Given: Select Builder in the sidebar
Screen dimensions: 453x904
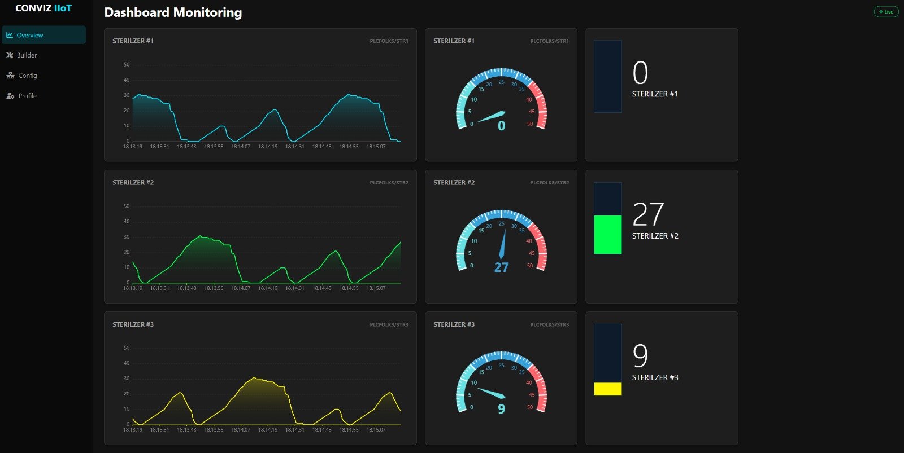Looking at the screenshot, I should pyautogui.click(x=27, y=55).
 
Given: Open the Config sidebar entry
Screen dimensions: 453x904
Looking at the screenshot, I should pyautogui.click(x=27, y=76).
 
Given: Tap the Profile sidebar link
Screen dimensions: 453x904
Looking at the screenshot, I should pyautogui.click(x=27, y=96).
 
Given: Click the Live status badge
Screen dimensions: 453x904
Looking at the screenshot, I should pyautogui.click(x=886, y=12).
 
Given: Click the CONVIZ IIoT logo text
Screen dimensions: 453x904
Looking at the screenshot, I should pyautogui.click(x=44, y=8).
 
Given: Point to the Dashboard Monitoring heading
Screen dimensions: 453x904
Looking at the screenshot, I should pyautogui.click(x=173, y=12).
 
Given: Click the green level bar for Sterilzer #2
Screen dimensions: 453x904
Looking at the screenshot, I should pyautogui.click(x=608, y=234).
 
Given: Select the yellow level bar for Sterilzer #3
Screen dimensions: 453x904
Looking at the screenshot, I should pyautogui.click(x=608, y=389).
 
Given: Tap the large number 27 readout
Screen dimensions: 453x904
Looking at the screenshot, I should pyautogui.click(x=648, y=214).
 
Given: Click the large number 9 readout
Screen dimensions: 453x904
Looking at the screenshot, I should pyautogui.click(x=640, y=355).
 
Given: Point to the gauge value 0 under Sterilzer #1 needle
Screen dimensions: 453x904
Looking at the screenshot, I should pyautogui.click(x=501, y=126).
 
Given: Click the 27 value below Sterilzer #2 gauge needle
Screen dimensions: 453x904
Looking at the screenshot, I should pyautogui.click(x=501, y=267).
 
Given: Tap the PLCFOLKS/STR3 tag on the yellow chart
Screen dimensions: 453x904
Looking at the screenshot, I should pyautogui.click(x=389, y=325).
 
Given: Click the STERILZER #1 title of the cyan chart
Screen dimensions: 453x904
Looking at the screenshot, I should pyautogui.click(x=133, y=41).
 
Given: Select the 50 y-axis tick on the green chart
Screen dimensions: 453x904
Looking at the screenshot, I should pyautogui.click(x=127, y=206).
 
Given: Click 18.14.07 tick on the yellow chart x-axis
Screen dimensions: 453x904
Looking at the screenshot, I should pyautogui.click(x=241, y=430).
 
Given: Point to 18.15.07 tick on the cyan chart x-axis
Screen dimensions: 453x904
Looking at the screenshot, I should pyautogui.click(x=376, y=147).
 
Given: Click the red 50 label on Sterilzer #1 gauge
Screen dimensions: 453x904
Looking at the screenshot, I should pyautogui.click(x=530, y=124).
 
